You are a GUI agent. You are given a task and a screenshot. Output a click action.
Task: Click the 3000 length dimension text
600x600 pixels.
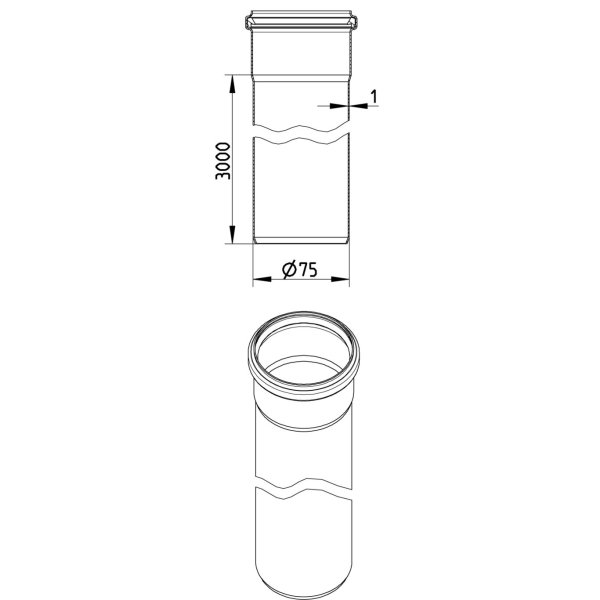pyautogui.click(x=223, y=161)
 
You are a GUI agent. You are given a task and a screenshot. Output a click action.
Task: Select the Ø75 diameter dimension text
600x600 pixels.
pyautogui.click(x=300, y=269)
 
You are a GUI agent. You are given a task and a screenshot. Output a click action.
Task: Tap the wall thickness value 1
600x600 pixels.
pyautogui.click(x=374, y=97)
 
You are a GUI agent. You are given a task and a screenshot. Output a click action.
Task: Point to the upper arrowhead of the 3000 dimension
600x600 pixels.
pyautogui.click(x=232, y=83)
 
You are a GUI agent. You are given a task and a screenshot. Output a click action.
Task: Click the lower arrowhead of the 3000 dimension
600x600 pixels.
pyautogui.click(x=232, y=234)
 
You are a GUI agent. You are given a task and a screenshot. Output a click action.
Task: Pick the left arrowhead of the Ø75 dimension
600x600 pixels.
pyautogui.click(x=262, y=279)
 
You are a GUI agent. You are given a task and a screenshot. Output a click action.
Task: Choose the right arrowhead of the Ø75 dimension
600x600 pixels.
pyautogui.click(x=340, y=279)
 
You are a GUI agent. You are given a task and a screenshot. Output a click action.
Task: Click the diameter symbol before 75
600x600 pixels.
pyautogui.click(x=289, y=269)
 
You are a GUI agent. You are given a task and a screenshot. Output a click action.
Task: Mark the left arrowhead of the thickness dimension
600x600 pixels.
pyautogui.click(x=339, y=106)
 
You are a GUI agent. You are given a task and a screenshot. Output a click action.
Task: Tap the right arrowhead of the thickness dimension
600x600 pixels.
pyautogui.click(x=359, y=106)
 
